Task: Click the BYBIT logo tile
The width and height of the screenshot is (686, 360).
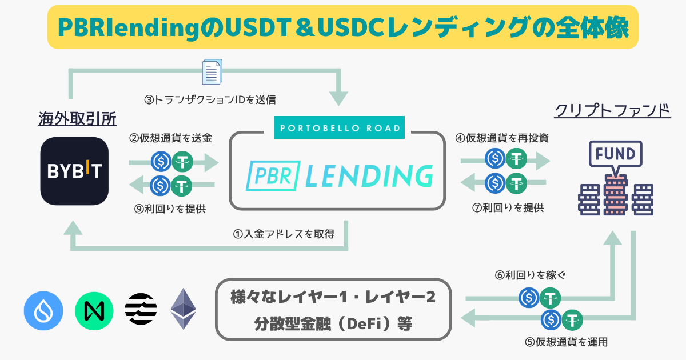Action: tap(75, 171)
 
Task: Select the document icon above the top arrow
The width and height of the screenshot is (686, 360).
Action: tap(211, 73)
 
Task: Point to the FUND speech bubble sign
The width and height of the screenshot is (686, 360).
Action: tap(615, 154)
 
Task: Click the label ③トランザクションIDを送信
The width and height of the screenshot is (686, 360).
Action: tap(210, 100)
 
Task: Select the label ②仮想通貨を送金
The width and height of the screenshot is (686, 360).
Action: tap(170, 138)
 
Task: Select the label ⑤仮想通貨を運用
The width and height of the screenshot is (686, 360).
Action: tap(565, 342)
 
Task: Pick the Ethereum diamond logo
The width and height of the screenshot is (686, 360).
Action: tap(184, 309)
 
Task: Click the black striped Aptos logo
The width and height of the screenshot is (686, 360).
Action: tap(141, 309)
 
